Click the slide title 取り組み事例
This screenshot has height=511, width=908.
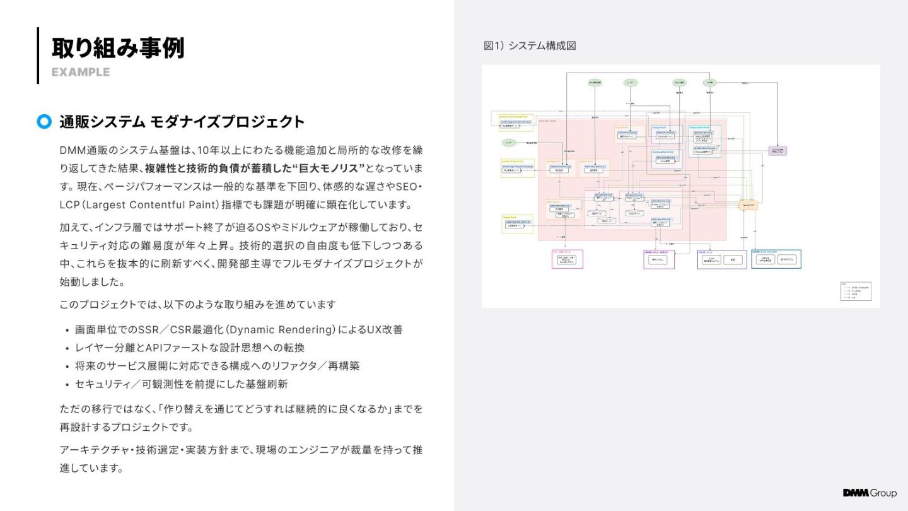click(x=118, y=48)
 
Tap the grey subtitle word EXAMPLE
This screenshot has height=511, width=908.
click(x=81, y=72)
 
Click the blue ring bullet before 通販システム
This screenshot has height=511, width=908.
click(x=44, y=122)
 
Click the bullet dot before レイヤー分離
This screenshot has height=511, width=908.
click(x=67, y=348)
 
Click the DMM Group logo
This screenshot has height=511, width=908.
click(x=870, y=493)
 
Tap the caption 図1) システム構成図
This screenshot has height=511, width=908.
click(x=530, y=46)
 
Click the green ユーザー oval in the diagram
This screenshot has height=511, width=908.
click(x=631, y=83)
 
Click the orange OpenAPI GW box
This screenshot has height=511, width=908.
click(x=747, y=206)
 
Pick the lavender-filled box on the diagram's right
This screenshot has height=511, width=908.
click(x=777, y=151)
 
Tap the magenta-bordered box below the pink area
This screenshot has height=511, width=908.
click(x=567, y=259)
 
